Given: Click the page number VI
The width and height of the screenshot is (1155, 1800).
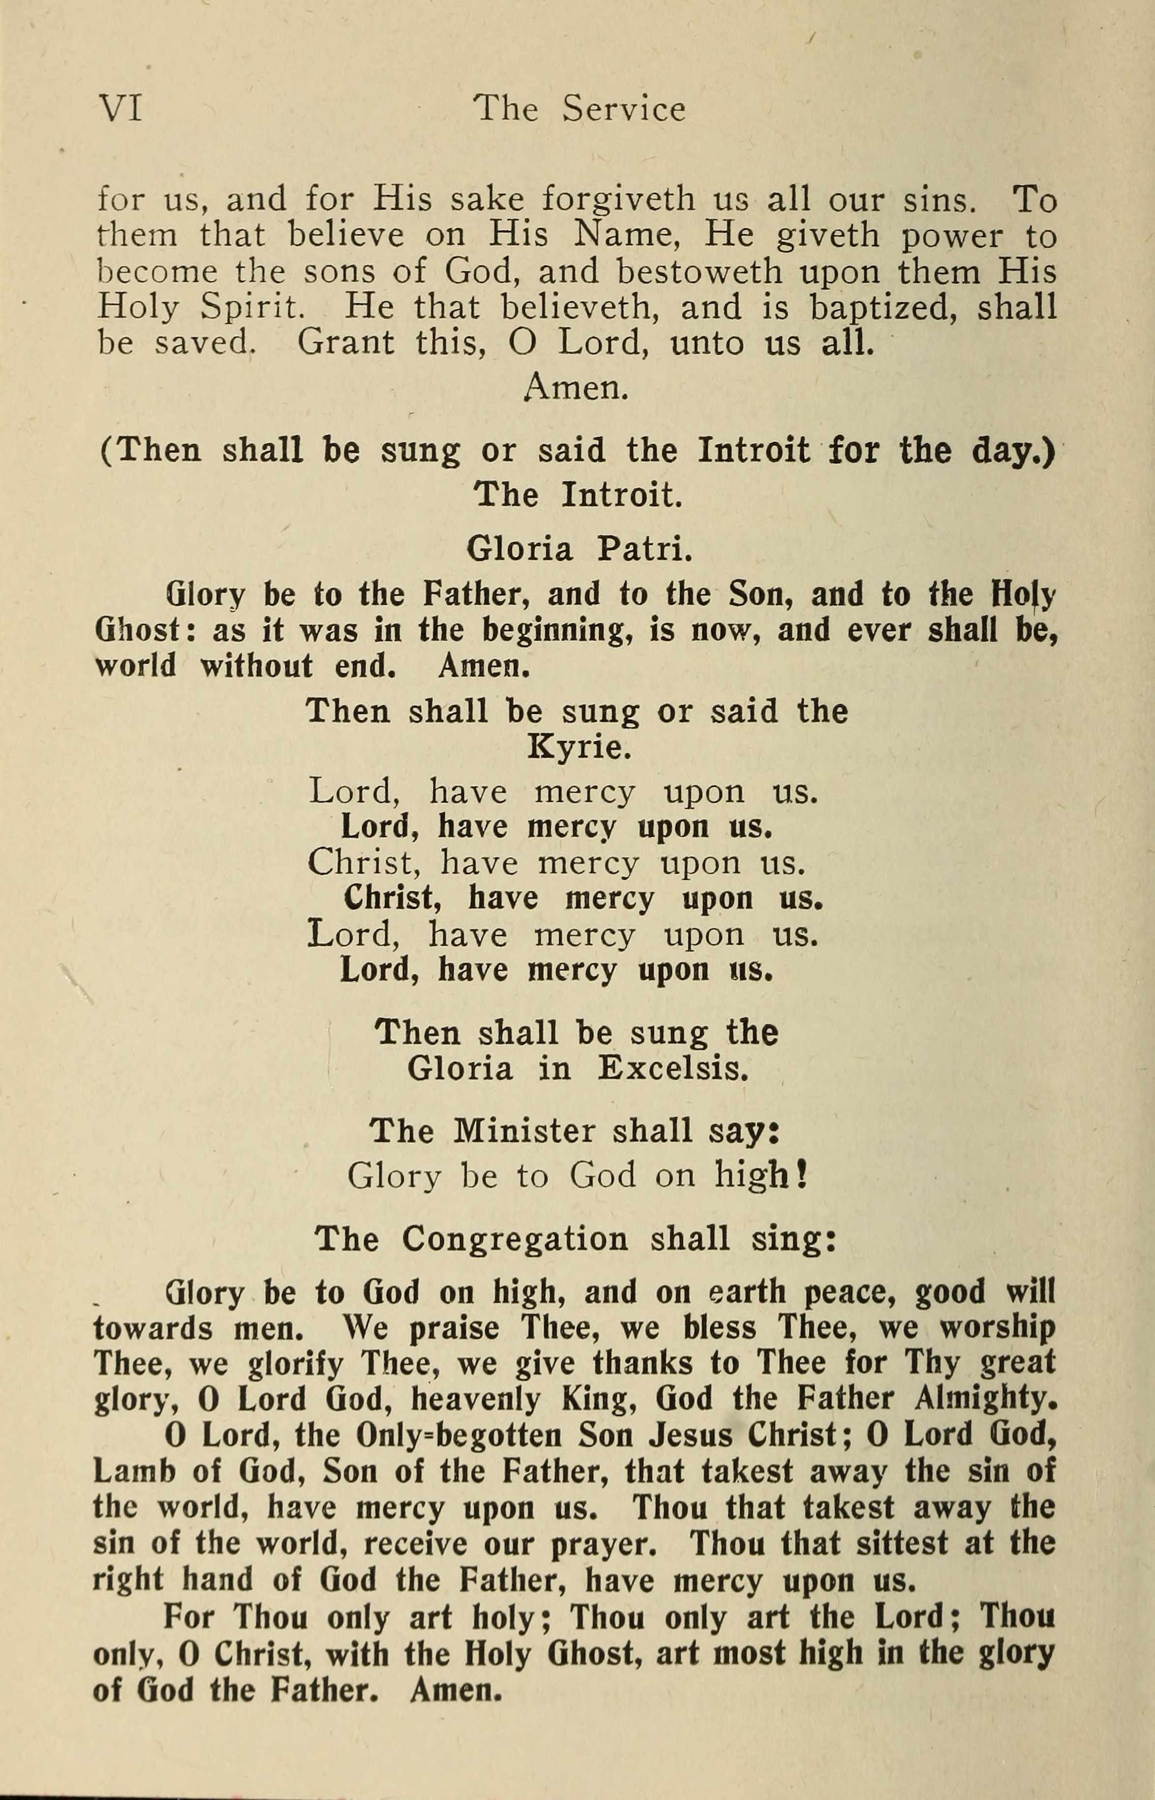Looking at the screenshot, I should tap(120, 109).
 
